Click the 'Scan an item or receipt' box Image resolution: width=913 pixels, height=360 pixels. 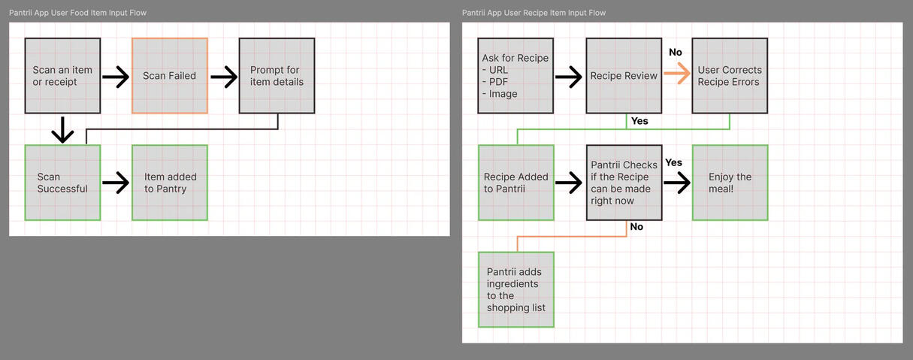pos(62,76)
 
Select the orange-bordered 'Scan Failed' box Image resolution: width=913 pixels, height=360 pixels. pos(170,76)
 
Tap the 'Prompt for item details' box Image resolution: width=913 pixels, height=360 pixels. pos(277,76)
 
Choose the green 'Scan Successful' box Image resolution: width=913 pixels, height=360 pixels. pos(62,183)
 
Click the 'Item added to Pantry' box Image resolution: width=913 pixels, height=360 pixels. pos(170,183)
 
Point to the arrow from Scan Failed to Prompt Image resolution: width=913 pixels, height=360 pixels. pos(223,76)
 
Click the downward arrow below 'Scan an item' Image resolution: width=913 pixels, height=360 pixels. pos(62,129)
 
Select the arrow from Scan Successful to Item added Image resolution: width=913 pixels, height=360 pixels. pos(116,183)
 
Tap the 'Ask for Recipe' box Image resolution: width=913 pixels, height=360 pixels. pos(515,76)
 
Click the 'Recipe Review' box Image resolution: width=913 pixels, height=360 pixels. pos(624,76)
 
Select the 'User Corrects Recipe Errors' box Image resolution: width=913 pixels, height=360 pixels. pos(730,76)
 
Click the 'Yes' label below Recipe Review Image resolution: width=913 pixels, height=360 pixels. pos(639,121)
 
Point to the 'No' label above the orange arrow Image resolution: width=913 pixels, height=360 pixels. pos(676,53)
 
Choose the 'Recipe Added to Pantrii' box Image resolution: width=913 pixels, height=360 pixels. pos(516,183)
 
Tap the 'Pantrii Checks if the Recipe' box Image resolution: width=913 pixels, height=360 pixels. pos(624,183)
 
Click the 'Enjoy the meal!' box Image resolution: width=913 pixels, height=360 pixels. pos(730,183)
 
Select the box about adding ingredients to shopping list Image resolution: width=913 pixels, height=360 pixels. pos(516,289)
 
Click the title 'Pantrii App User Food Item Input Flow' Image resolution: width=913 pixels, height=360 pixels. pos(78,13)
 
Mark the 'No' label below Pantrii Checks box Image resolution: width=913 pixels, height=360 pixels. pos(636,227)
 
